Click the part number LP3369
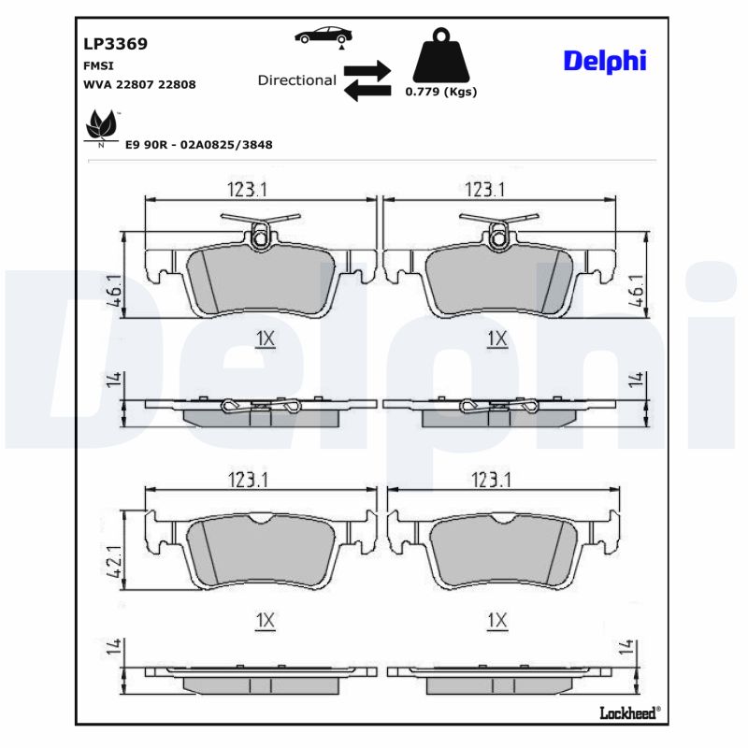click(116, 43)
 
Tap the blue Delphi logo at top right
click(604, 61)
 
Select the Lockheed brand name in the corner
click(628, 713)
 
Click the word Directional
click(296, 80)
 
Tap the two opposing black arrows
click(367, 80)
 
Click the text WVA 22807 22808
click(139, 83)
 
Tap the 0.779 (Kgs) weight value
click(440, 93)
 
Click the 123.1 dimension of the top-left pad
click(247, 189)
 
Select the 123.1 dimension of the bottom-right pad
click(491, 480)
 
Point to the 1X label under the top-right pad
click(496, 338)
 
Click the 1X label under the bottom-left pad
click(265, 620)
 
